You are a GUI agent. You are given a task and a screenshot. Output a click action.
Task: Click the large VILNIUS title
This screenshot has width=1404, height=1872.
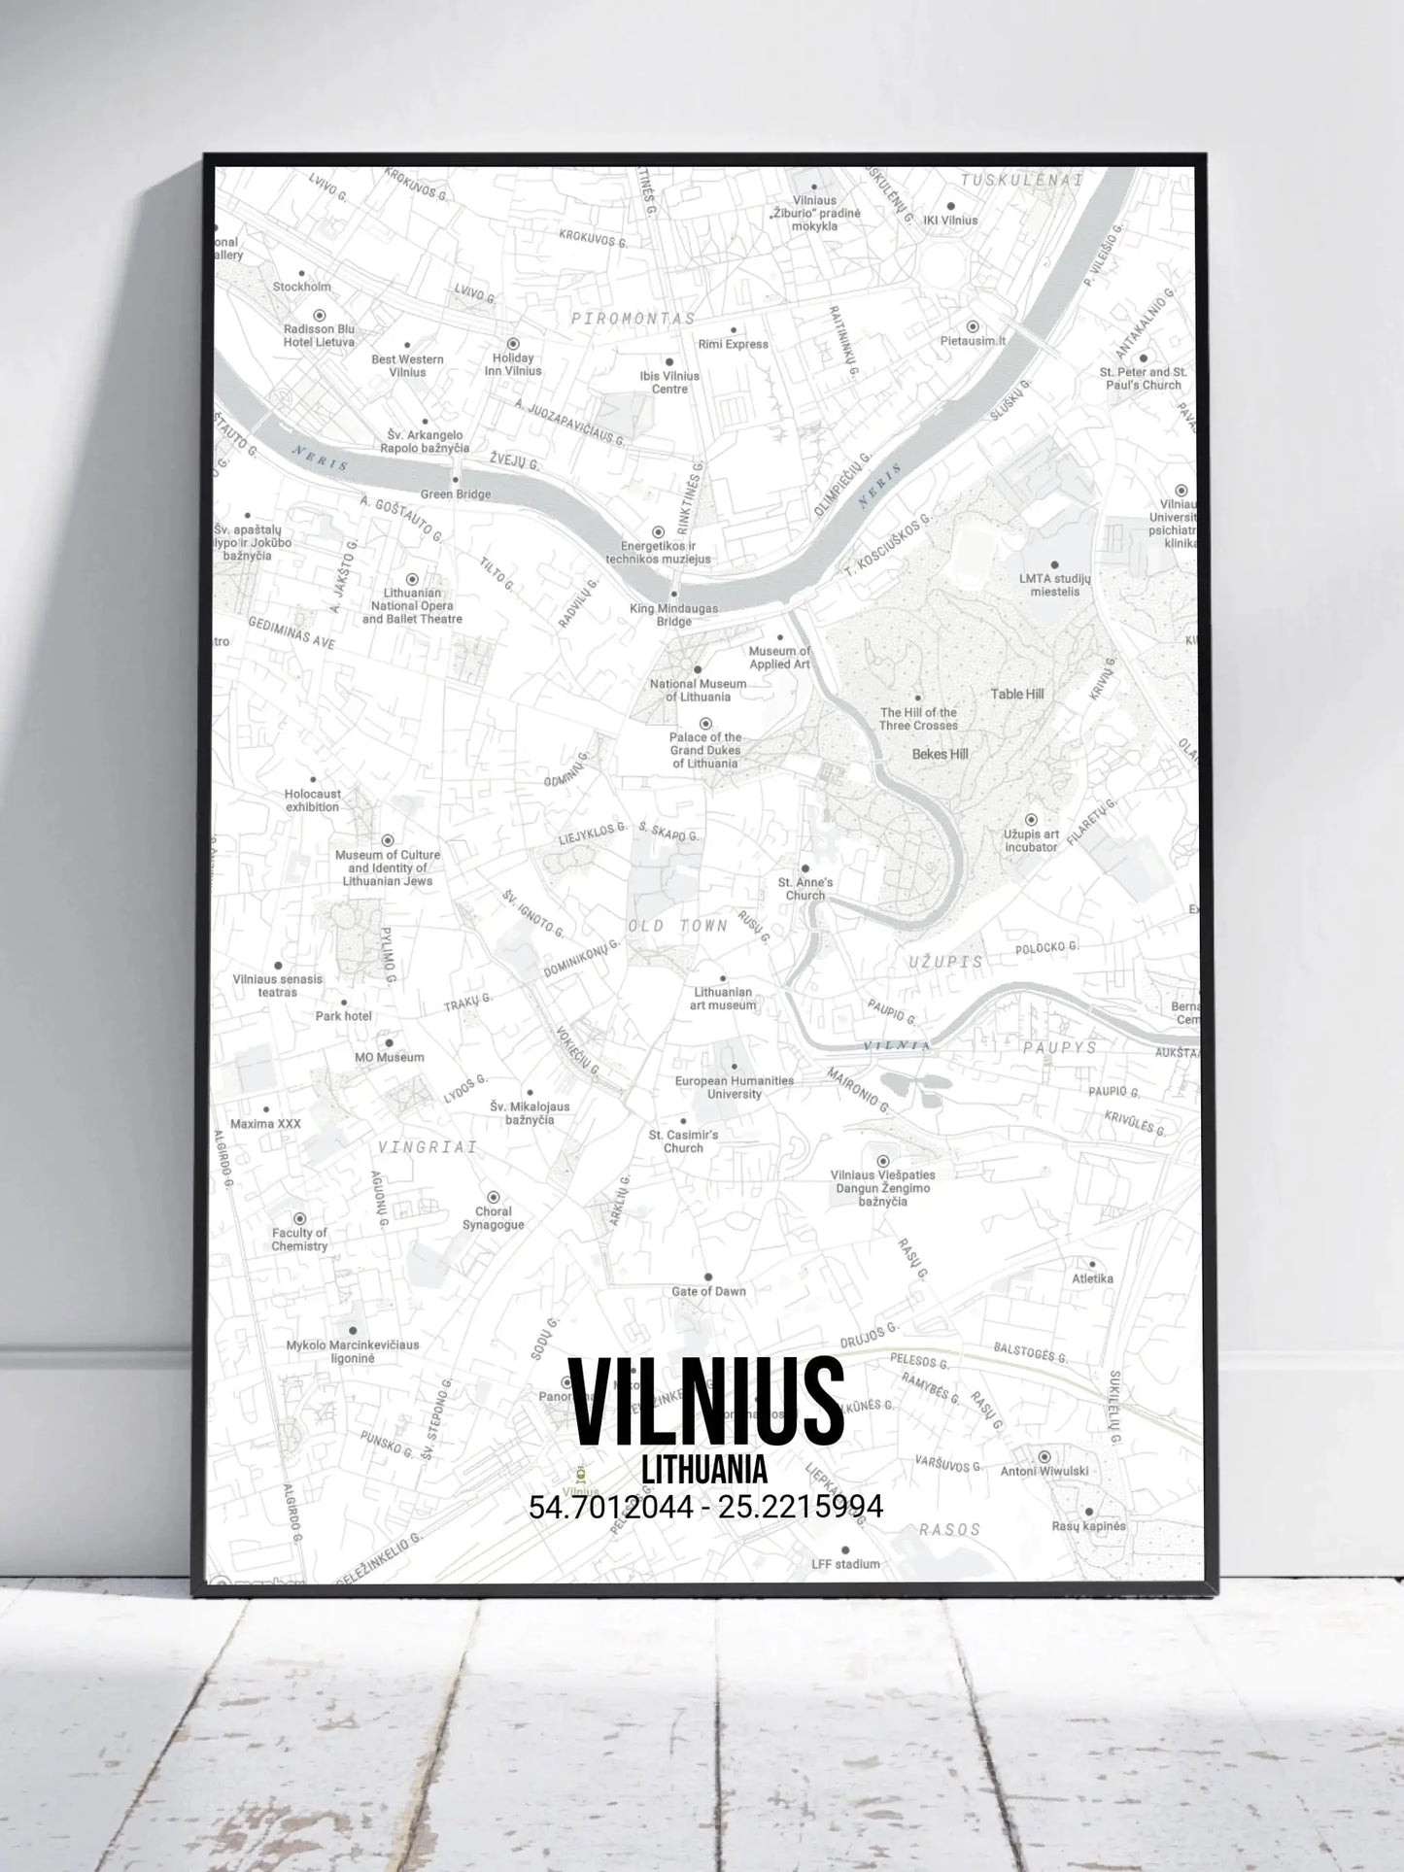[705, 1402]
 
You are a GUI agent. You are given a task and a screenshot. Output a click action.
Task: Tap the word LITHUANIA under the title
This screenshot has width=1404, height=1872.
[705, 1469]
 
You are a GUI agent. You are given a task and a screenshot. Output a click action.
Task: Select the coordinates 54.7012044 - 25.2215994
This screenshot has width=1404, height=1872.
[705, 1507]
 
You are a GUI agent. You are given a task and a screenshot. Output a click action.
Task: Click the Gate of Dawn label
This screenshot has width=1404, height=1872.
[708, 1291]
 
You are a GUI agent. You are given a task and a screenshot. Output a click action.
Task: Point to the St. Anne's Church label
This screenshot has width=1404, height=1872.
[805, 889]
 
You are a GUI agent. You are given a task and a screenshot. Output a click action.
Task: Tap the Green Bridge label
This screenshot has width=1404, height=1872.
[455, 494]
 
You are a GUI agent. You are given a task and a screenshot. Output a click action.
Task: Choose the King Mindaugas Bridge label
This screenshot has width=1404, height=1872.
[673, 615]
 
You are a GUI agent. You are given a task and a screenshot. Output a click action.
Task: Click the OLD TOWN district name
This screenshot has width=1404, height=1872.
[678, 926]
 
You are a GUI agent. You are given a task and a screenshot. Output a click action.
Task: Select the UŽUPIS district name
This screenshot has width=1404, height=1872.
[945, 962]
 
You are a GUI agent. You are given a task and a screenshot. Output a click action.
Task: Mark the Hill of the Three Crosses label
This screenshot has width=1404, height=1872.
[918, 719]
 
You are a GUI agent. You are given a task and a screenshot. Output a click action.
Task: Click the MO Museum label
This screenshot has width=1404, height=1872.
[389, 1057]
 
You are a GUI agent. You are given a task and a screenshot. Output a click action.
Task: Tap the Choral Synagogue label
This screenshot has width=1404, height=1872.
[494, 1218]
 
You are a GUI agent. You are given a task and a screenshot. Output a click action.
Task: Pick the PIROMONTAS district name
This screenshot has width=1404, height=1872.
[633, 319]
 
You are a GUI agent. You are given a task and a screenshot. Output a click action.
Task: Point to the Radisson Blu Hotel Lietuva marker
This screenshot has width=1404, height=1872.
[319, 316]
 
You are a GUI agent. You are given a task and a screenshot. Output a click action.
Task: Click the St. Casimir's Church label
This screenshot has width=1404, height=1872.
[683, 1141]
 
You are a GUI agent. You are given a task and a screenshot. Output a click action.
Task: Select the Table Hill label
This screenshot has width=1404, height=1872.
[1017, 694]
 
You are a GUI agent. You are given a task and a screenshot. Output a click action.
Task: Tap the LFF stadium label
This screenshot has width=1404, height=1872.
[845, 1563]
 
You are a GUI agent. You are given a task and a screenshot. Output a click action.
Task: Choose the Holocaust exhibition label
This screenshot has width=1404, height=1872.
[312, 800]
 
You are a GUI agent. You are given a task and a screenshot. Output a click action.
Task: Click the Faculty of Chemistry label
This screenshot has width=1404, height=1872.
[299, 1240]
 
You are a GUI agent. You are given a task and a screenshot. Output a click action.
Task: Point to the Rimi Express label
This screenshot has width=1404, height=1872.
[733, 344]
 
